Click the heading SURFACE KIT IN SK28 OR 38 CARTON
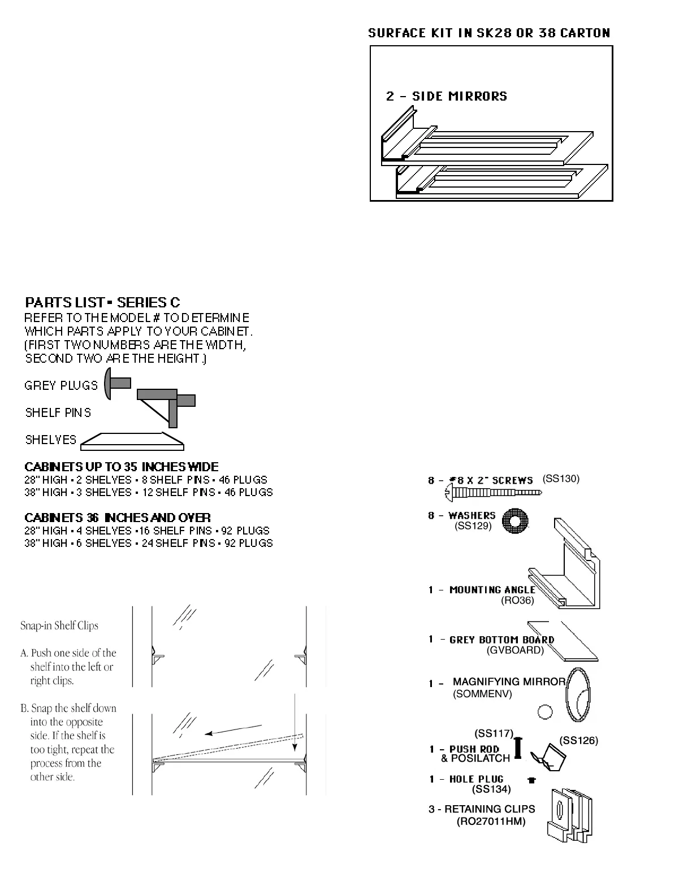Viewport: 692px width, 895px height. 489,33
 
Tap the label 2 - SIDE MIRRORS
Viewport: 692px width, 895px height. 447,96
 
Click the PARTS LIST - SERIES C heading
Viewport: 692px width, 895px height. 102,302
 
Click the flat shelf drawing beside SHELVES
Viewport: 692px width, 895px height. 132,441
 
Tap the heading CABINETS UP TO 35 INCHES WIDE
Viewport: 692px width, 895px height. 122,467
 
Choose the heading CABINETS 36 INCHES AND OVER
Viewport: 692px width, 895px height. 118,518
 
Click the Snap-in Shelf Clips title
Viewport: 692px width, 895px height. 59,625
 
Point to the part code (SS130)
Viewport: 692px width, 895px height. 561,479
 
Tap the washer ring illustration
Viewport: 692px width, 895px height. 515,521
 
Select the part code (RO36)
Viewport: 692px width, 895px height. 517,601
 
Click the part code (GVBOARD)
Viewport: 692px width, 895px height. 515,650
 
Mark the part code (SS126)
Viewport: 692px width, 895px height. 578,740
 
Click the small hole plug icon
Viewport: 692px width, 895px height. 531,780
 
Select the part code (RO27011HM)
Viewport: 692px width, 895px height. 491,822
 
